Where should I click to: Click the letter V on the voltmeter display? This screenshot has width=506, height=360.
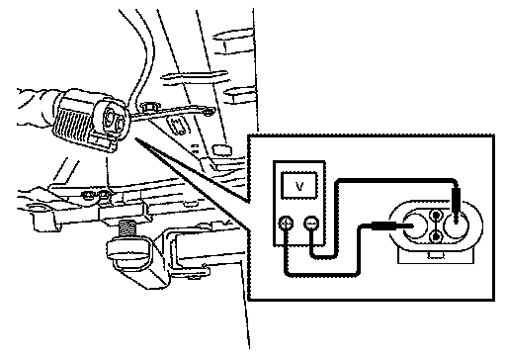[299, 186]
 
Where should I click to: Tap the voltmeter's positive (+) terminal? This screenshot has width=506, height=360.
[286, 224]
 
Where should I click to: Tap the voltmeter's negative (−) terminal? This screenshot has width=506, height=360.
[311, 224]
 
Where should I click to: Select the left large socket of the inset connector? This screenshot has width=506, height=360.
[414, 225]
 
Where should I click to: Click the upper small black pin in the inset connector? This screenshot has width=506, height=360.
[437, 216]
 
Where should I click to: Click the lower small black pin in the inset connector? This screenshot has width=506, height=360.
[437, 236]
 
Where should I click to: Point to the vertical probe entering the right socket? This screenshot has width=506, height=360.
[456, 205]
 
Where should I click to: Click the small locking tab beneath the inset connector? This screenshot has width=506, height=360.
[435, 255]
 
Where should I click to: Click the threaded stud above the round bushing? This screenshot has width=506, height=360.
[127, 229]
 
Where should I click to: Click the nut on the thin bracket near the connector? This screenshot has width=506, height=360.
[149, 107]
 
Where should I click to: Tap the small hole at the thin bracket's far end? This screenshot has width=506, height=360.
[208, 113]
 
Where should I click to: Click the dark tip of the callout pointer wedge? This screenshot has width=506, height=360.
[137, 140]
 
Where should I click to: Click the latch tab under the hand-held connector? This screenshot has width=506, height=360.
[101, 141]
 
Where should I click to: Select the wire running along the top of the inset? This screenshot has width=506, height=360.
[396, 180]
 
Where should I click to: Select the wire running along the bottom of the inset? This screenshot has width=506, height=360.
[321, 274]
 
